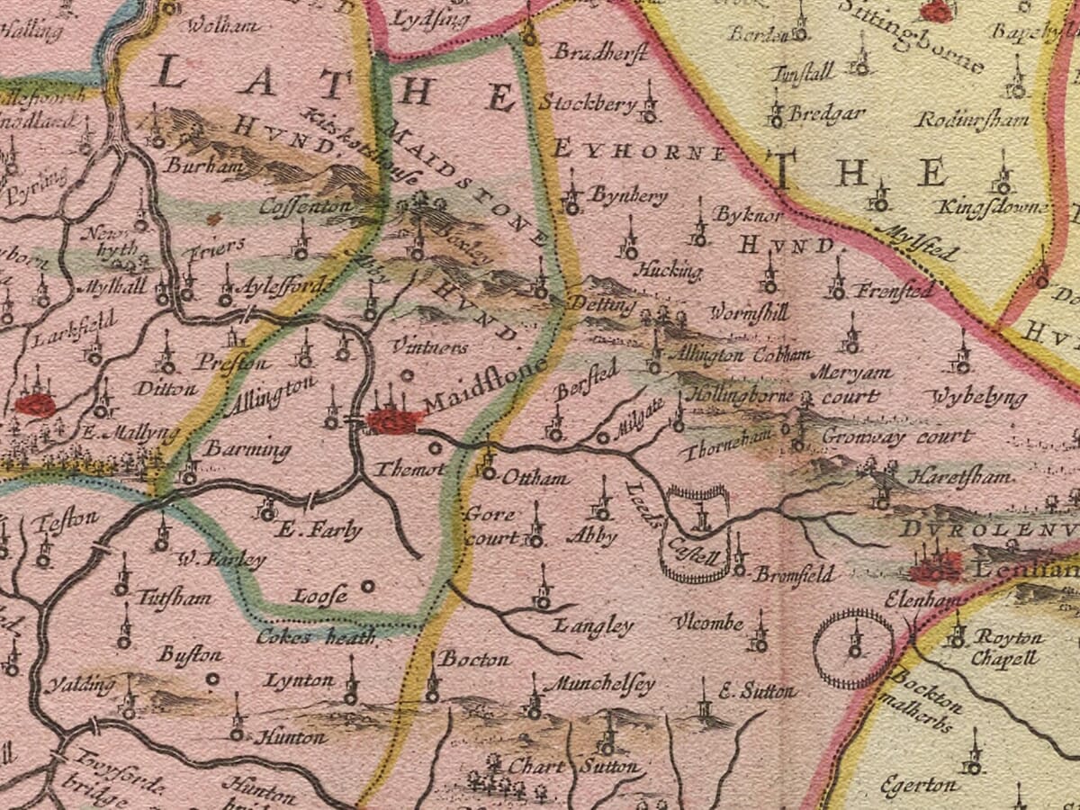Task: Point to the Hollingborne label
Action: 740,395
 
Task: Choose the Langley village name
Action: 594,625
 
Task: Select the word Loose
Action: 320,595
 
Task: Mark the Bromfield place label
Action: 794,573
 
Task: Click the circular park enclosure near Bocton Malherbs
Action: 853,647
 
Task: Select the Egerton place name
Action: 919,785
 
